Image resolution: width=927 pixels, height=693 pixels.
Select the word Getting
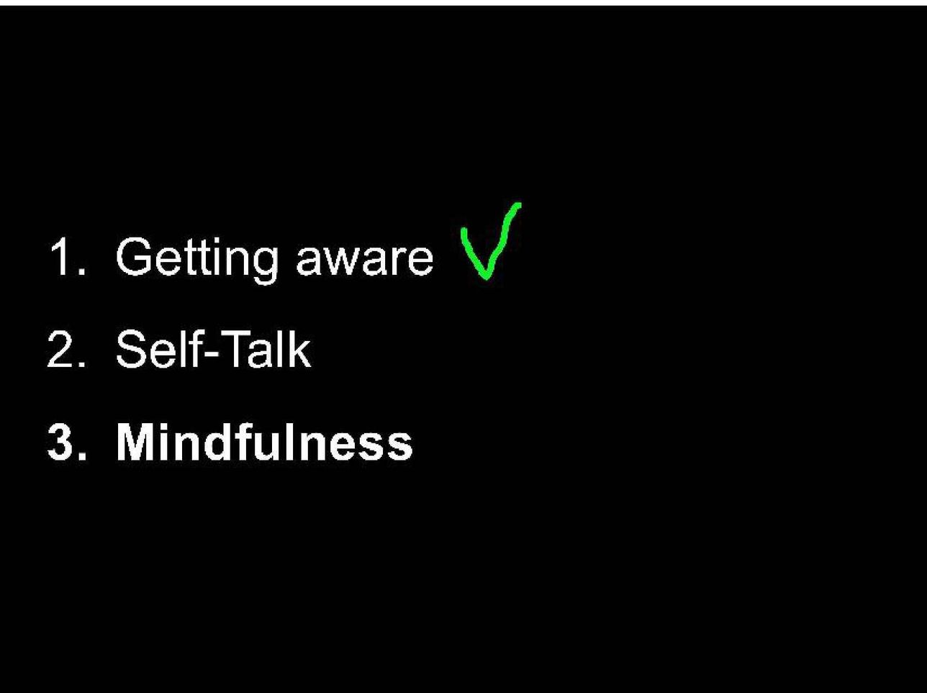(196, 259)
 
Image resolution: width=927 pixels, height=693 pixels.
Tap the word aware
(365, 261)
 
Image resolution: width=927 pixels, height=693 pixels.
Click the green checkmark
(492, 240)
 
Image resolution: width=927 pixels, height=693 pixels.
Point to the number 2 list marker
(60, 349)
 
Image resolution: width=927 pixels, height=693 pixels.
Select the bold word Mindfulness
(264, 442)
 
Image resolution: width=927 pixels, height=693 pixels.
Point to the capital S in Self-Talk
(132, 349)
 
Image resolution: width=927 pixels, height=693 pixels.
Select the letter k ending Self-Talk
(301, 349)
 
